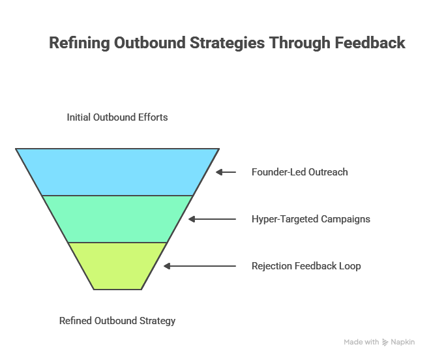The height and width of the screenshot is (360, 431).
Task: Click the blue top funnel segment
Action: tap(117, 172)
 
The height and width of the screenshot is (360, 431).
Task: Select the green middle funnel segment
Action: tap(117, 218)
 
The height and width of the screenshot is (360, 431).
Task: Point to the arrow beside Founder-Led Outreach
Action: tap(226, 172)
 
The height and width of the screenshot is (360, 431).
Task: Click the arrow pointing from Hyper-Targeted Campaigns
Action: tap(212, 219)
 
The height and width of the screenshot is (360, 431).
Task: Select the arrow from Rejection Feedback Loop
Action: tap(200, 266)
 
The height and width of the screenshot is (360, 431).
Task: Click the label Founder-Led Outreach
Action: tap(299, 172)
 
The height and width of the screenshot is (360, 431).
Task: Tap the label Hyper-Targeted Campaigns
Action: tap(310, 219)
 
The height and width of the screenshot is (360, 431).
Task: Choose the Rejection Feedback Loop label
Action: tap(306, 266)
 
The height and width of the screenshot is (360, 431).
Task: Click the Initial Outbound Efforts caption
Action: tap(117, 117)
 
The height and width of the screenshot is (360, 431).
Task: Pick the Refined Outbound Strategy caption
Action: tap(117, 321)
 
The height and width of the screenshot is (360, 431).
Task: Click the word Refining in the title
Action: tap(79, 43)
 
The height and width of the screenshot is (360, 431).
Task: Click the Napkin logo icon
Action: tap(385, 342)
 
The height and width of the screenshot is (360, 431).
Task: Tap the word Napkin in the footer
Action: tap(403, 342)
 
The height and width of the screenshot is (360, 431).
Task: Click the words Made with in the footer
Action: tap(361, 342)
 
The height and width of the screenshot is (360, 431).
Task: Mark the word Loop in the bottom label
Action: tap(349, 266)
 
